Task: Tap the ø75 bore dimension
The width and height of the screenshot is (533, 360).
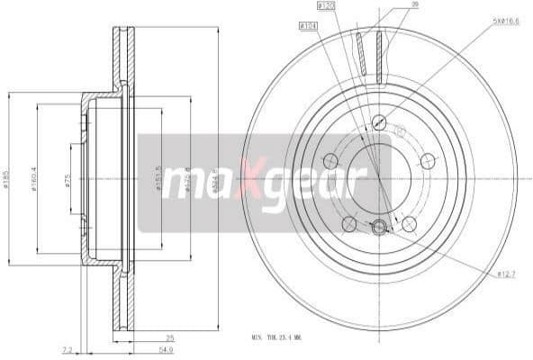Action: (x=68, y=179)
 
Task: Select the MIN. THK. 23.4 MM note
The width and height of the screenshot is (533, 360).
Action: (x=289, y=337)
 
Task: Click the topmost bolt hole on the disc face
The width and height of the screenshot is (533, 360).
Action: (x=378, y=122)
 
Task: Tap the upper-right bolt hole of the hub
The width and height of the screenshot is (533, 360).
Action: (x=427, y=161)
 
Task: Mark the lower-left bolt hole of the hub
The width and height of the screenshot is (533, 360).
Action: (x=348, y=224)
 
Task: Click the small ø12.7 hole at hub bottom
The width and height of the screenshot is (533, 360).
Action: (x=378, y=228)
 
